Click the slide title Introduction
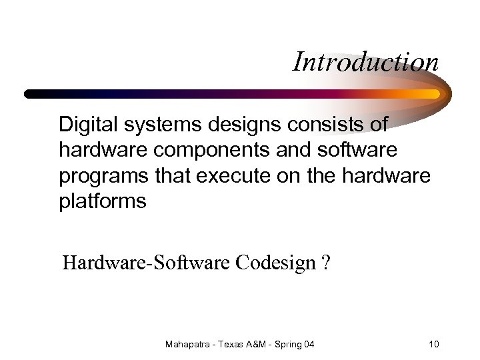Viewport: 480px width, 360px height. point(365,62)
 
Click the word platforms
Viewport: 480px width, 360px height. point(102,201)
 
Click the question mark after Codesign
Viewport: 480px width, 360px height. point(325,263)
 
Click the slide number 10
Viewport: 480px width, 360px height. point(434,344)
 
